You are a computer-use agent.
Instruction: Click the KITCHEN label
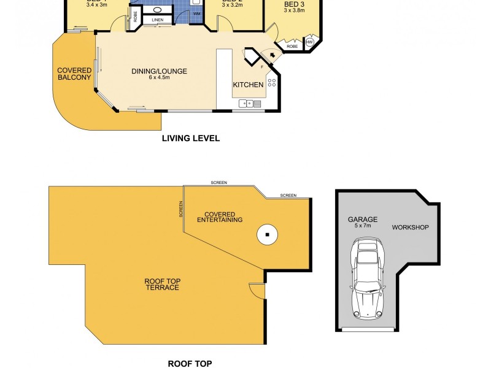[x=248, y=85]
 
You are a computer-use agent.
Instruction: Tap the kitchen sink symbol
[x=250, y=104]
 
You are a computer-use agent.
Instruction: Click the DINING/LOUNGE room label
[x=159, y=71]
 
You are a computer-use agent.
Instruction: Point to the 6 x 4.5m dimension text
[x=159, y=78]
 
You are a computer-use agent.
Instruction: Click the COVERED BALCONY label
[x=74, y=74]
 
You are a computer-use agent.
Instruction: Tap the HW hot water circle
[x=309, y=42]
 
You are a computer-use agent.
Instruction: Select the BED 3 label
[x=292, y=4]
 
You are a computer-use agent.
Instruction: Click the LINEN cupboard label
[x=158, y=20]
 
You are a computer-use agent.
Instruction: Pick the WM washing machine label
[x=197, y=13]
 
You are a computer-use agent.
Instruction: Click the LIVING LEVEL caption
[x=190, y=139]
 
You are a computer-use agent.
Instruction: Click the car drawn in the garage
[x=367, y=279]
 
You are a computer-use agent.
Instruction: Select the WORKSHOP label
[x=411, y=228]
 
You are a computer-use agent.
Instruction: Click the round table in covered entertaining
[x=268, y=234]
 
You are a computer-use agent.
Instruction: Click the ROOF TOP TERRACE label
[x=162, y=284]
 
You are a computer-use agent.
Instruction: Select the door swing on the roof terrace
[x=257, y=291]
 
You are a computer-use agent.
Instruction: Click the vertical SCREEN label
[x=180, y=210]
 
